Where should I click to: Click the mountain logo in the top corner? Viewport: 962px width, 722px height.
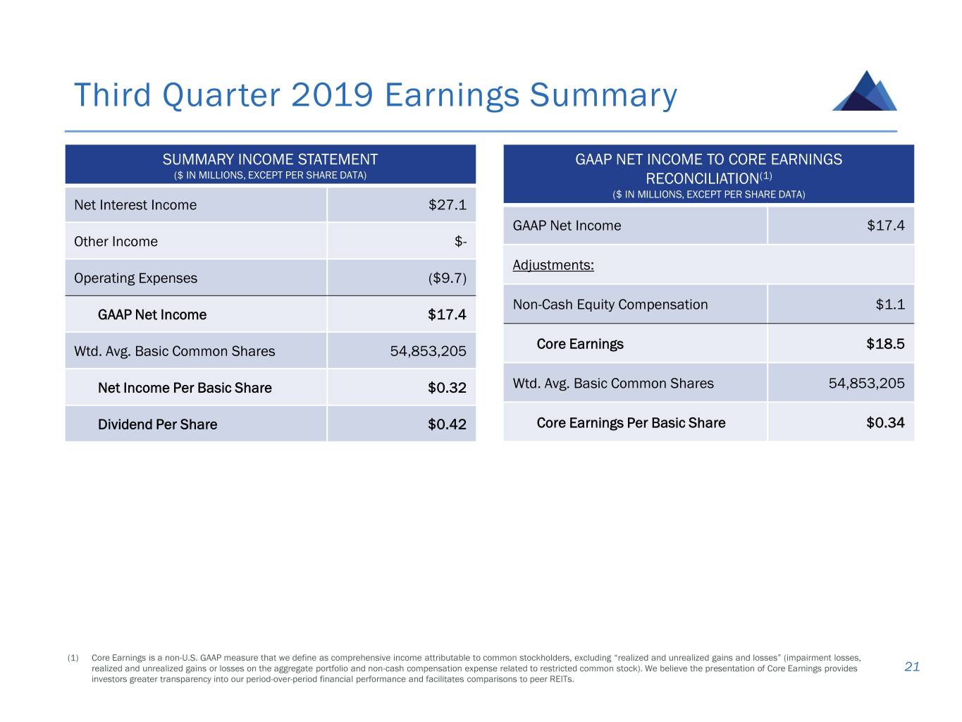(x=865, y=92)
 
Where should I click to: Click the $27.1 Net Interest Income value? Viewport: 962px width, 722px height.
(x=447, y=205)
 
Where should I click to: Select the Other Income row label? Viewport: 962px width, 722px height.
(x=116, y=242)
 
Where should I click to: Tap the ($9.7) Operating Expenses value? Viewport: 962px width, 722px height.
(x=447, y=279)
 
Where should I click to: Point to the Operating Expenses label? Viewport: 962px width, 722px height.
(x=135, y=279)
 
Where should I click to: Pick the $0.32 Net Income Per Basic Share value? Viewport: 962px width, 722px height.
(x=447, y=388)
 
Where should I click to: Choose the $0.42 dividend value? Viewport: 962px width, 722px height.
(x=447, y=424)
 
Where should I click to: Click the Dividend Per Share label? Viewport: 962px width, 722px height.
(x=157, y=424)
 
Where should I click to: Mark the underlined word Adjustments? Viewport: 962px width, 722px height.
(x=553, y=265)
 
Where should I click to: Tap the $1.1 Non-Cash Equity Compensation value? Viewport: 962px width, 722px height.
(x=890, y=305)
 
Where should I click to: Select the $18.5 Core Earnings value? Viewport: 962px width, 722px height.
(x=885, y=344)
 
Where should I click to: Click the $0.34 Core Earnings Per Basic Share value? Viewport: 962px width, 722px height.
(x=885, y=423)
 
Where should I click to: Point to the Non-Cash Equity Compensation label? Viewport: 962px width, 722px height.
(x=610, y=305)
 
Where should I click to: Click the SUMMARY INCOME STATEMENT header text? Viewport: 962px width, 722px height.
(x=270, y=160)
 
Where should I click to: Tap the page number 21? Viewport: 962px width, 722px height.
(x=912, y=667)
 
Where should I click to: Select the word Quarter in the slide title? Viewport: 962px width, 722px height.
(x=221, y=95)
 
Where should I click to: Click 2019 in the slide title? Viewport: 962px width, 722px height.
(x=331, y=95)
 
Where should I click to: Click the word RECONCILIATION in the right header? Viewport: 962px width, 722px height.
(x=702, y=179)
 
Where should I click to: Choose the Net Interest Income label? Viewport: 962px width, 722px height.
(x=135, y=205)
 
